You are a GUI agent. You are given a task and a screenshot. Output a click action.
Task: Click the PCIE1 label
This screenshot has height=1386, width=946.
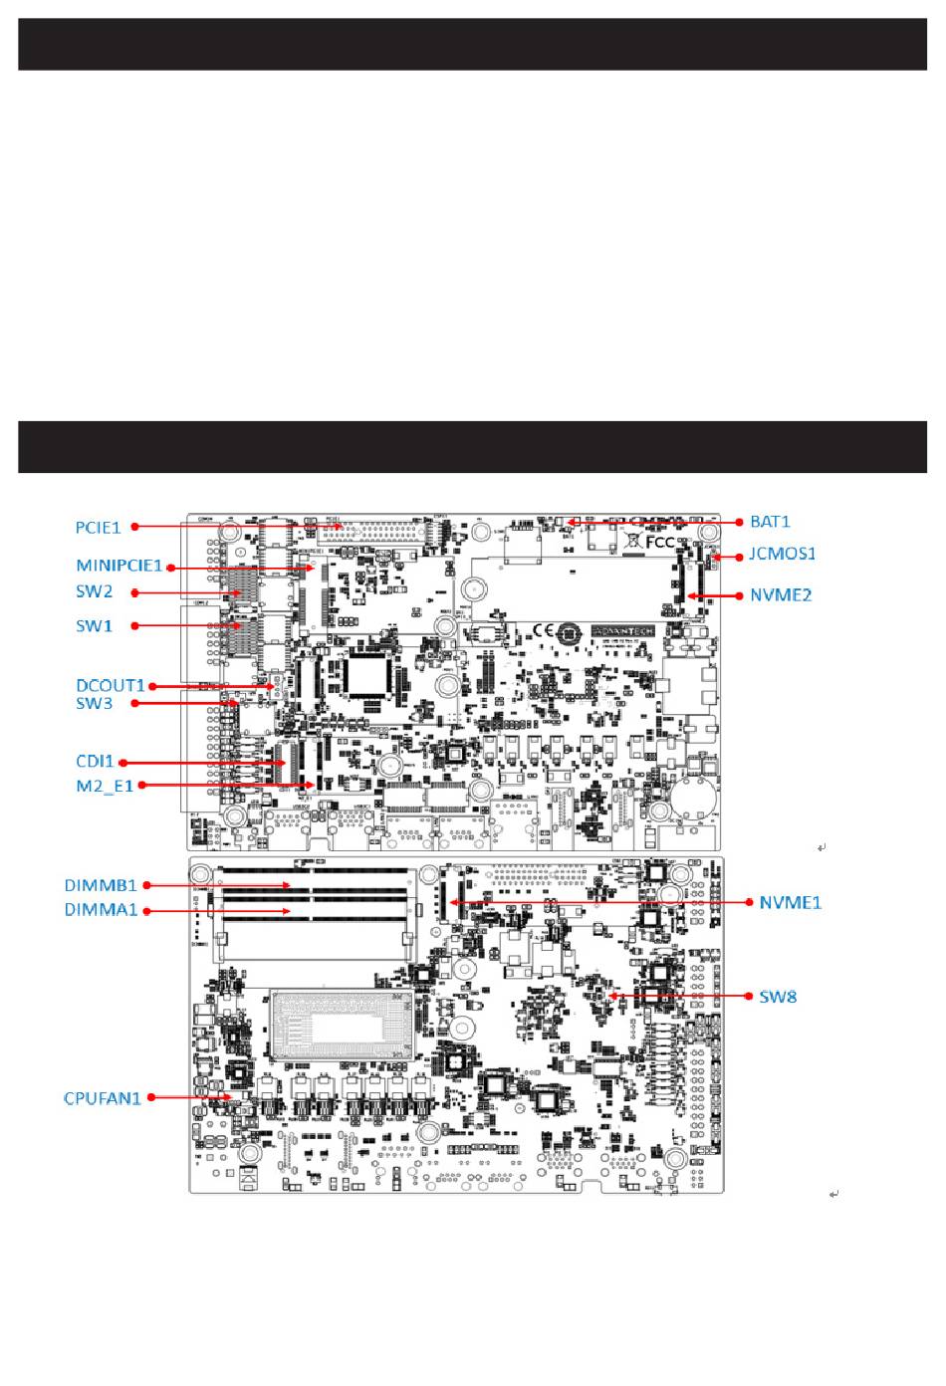98,528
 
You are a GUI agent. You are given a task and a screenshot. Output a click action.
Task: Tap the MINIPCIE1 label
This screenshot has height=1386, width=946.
118,566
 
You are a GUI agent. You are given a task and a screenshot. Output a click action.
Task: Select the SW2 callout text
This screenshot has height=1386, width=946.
95,591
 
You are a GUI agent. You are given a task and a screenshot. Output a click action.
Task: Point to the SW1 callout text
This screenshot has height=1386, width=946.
95,626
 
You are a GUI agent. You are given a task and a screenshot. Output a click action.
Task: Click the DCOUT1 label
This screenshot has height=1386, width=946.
111,685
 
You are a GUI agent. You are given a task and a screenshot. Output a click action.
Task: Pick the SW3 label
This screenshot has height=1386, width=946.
95,703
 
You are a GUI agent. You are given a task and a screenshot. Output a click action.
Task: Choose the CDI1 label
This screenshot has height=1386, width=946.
96,762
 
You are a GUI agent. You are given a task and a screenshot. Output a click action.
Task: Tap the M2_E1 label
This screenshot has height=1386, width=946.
105,786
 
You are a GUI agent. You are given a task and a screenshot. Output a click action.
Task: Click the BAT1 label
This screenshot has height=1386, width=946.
770,522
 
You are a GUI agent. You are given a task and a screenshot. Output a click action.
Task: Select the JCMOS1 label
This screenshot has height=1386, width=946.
782,554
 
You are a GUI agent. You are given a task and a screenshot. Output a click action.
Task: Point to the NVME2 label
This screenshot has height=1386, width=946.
781,595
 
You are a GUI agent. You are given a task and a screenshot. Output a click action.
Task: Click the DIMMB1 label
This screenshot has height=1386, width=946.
101,885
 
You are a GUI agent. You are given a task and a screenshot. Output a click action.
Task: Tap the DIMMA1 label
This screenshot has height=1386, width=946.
101,910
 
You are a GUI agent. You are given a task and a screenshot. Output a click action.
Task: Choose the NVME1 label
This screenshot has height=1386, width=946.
790,903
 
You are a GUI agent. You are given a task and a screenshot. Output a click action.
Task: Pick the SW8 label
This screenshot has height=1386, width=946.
778,997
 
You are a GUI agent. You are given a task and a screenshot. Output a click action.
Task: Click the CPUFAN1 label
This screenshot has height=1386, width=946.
103,1098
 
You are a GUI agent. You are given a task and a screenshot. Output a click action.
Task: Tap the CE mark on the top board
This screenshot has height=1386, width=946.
543,630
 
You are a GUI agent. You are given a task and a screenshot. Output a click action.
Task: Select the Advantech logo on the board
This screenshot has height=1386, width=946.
622,631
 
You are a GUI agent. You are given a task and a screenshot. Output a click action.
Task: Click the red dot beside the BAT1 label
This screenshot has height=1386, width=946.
739,522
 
